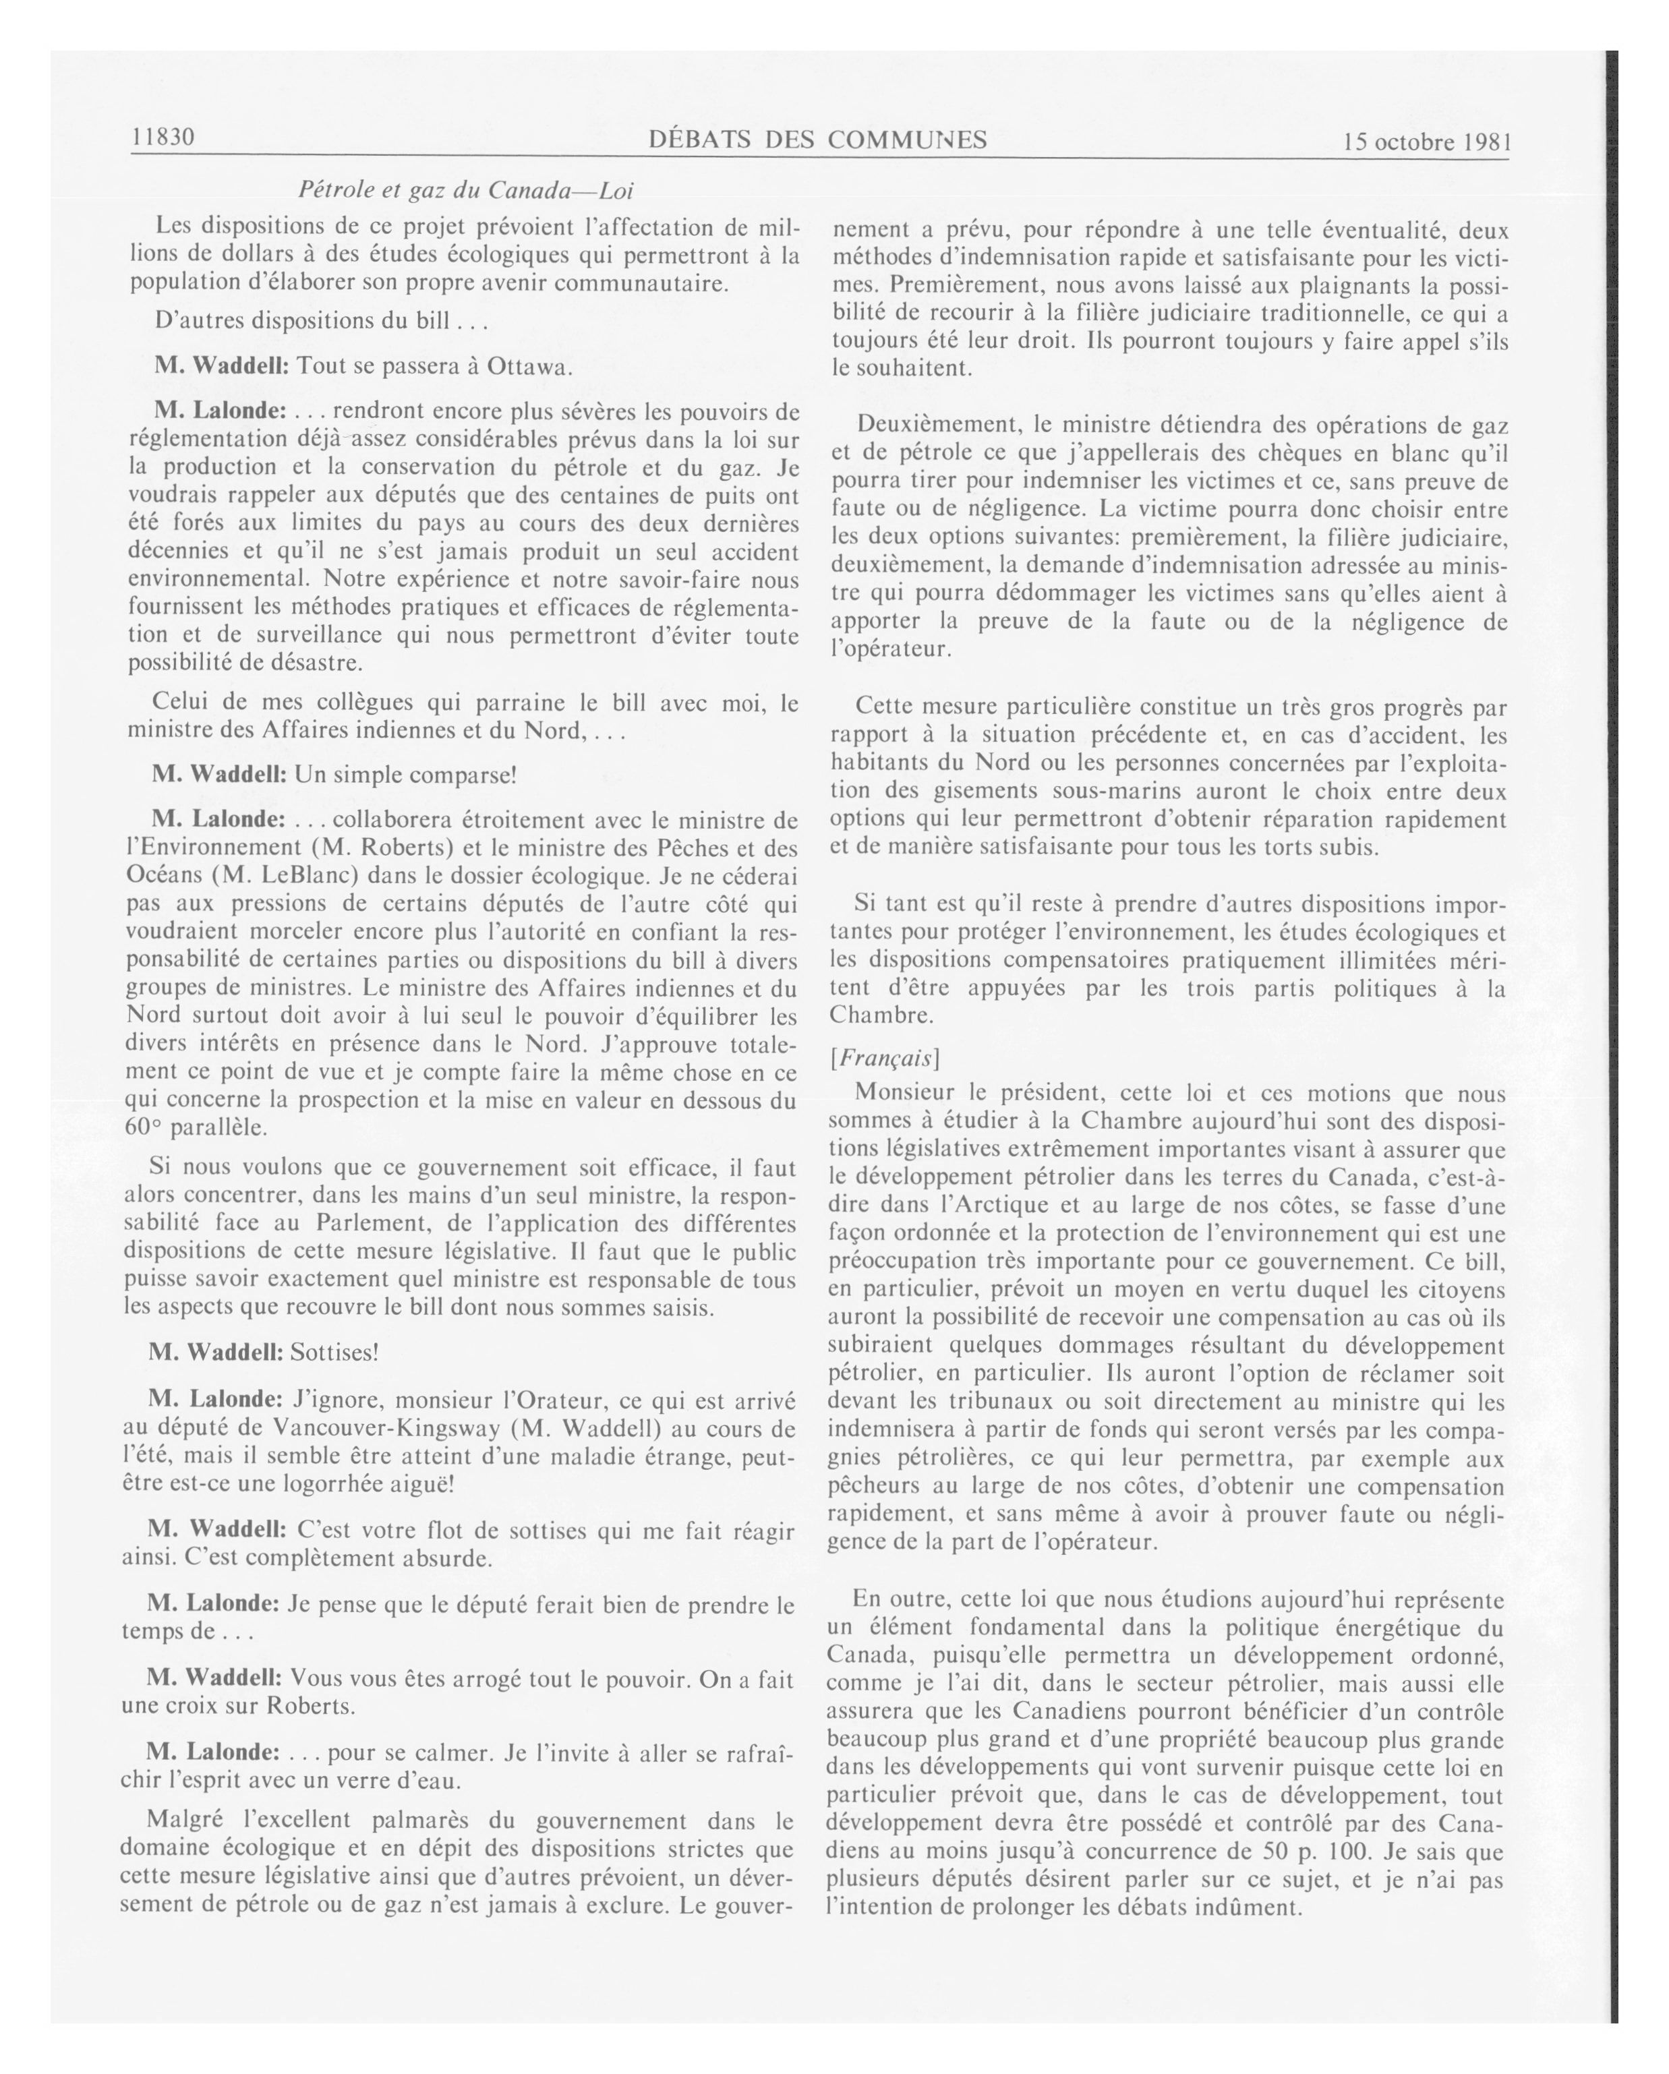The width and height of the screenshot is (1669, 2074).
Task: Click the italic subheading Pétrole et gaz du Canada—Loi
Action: [x=465, y=189]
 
